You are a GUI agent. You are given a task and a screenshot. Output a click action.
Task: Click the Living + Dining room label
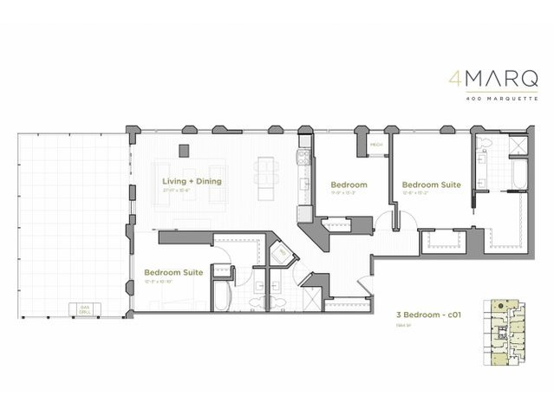coord(192,182)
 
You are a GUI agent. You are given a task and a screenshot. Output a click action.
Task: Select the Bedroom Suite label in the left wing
coord(173,272)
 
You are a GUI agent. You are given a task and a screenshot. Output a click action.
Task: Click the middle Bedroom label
coord(349,185)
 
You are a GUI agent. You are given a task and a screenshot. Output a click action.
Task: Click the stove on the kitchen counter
coord(302,159)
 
